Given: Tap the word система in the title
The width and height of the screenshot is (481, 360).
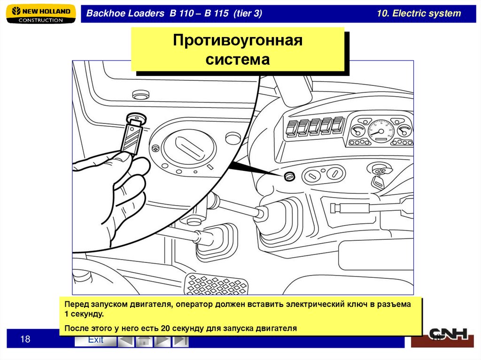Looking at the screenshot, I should (x=238, y=60).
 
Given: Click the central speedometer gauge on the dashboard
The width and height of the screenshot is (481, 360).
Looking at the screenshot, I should (x=380, y=131).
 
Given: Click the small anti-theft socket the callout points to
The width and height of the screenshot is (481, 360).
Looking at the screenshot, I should (x=289, y=176).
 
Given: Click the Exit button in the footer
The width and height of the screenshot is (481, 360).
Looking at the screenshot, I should (x=96, y=340).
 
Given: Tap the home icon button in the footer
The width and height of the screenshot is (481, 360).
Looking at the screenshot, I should (x=144, y=341).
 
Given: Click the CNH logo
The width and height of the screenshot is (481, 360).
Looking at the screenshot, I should (x=448, y=334).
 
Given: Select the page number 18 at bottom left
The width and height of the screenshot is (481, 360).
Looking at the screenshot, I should (x=25, y=339).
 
